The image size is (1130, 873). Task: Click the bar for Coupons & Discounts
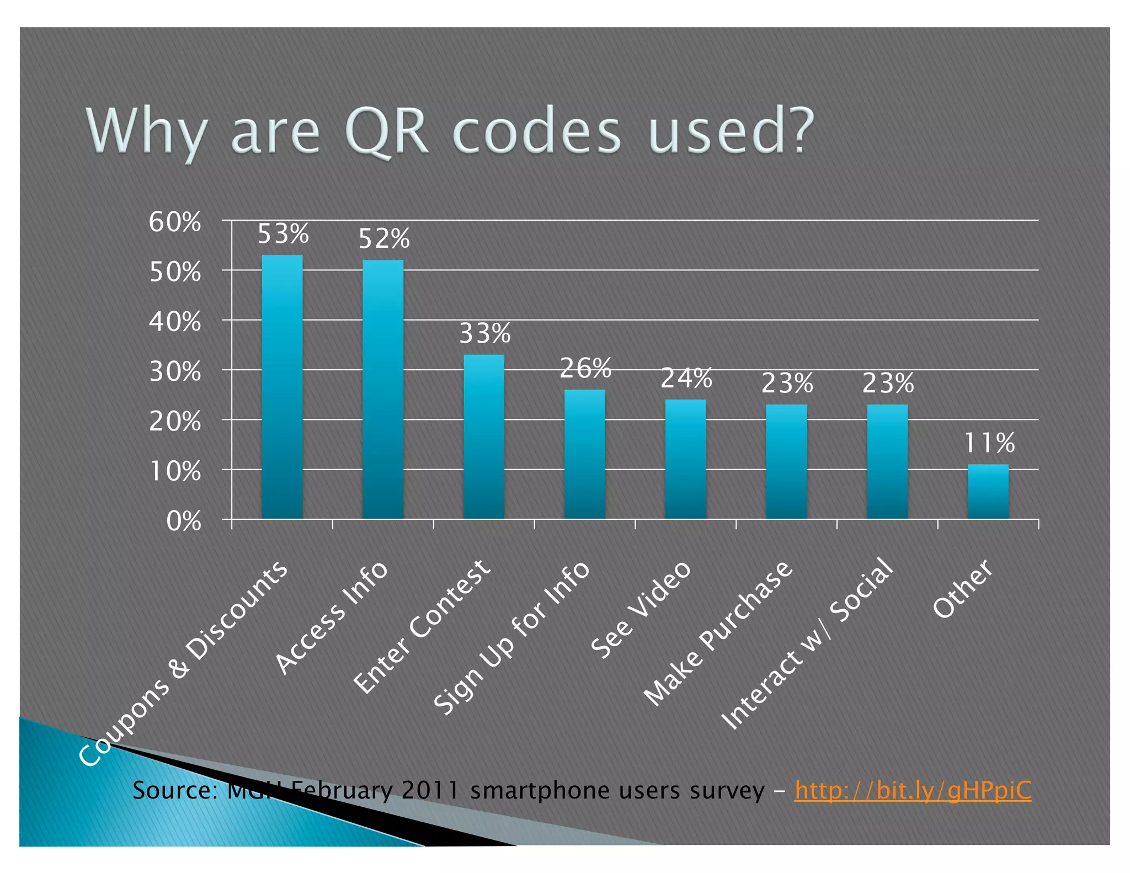282,386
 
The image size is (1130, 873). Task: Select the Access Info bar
383,389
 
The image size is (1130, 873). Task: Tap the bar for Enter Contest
484,436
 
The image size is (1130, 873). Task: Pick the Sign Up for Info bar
584,454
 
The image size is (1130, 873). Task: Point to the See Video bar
685,459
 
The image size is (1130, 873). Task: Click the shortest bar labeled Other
988,491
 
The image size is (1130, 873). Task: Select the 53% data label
283,234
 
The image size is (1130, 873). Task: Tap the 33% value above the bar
485,333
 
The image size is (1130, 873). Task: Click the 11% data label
989,443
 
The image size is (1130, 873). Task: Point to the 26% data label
585,368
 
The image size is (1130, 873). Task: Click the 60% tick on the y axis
174,222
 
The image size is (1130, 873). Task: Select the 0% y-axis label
183,521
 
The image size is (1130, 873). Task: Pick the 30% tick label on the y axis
174,372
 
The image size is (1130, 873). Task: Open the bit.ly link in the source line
913,790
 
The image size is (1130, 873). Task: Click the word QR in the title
386,132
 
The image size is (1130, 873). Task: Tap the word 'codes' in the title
536,132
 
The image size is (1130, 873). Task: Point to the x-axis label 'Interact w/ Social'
807,644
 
